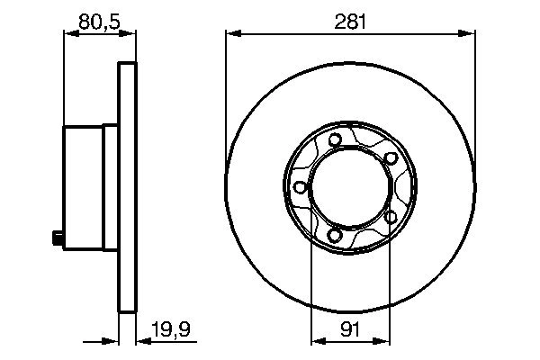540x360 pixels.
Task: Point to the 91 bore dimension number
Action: [x=350, y=330]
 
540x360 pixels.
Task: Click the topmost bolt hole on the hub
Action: [x=335, y=139]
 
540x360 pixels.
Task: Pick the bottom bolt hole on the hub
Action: [x=335, y=236]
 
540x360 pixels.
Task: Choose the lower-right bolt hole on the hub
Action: [x=391, y=217]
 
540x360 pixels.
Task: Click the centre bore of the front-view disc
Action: [x=350, y=187]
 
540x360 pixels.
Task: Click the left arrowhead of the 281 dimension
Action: [x=231, y=34]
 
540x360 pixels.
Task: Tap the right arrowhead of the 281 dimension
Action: [x=469, y=34]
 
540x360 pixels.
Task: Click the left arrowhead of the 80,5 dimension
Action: [x=68, y=34]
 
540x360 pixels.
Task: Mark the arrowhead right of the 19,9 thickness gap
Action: [x=141, y=342]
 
